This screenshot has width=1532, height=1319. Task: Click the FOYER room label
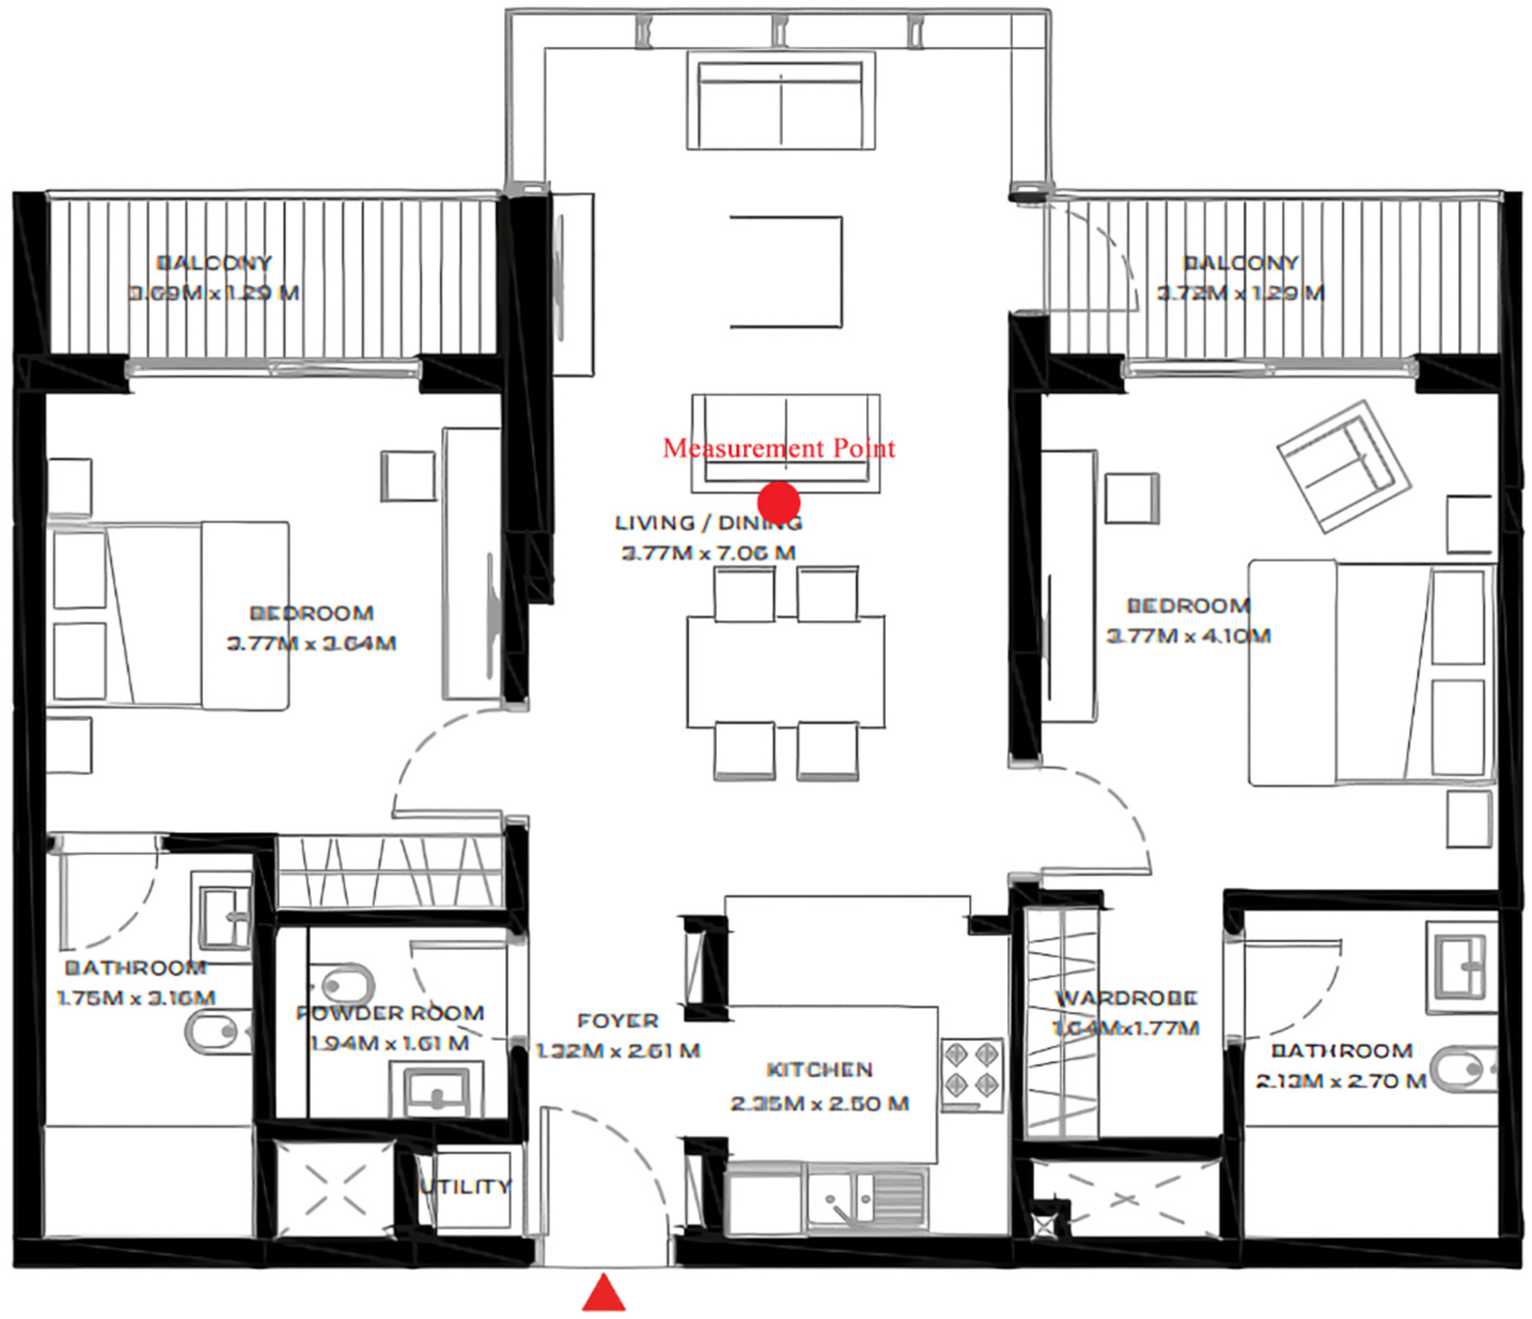point(618,1021)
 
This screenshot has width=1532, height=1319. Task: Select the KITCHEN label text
point(819,1070)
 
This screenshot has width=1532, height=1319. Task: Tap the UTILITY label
point(466,1187)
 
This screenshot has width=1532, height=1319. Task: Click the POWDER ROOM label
point(389,1013)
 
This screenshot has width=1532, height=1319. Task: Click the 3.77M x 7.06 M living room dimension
point(708,553)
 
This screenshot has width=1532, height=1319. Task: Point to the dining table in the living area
point(785,672)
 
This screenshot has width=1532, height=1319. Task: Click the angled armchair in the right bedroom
point(1343,466)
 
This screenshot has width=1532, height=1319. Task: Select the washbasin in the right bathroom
point(1459,965)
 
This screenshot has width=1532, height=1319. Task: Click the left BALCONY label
point(214,262)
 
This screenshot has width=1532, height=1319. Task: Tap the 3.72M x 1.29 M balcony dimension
point(1240,293)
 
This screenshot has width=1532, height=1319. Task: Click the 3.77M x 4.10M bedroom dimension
point(1188,636)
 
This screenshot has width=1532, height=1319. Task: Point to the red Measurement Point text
point(779,448)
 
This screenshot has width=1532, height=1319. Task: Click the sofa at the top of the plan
point(781,102)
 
